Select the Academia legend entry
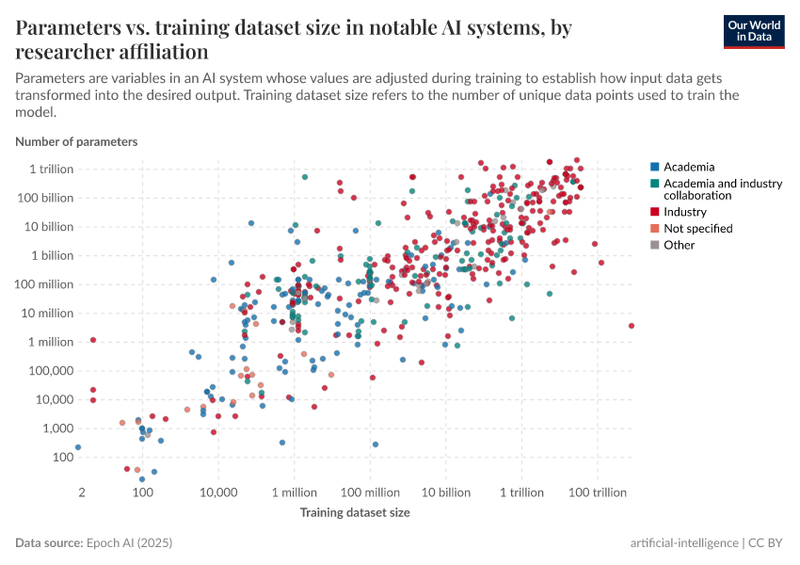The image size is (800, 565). pos(689,167)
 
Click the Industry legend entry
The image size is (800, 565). pos(684,212)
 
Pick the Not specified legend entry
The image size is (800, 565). pos(697,228)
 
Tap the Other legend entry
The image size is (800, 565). pos(679,245)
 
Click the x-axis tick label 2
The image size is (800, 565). pos(82,492)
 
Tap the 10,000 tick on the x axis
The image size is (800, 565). pos(218,492)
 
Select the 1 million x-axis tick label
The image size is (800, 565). pos(295,492)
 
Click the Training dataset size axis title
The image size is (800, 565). pos(355,512)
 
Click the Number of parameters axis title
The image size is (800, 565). pos(76,141)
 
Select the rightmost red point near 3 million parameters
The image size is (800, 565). pos(631,326)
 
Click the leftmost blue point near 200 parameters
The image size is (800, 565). pos(78,447)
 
